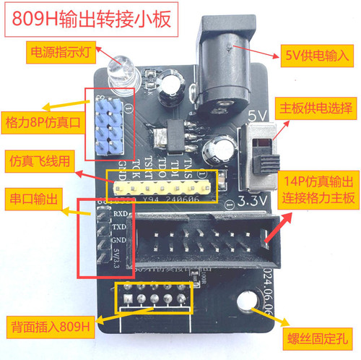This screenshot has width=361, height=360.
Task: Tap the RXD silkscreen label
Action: (119, 214)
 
